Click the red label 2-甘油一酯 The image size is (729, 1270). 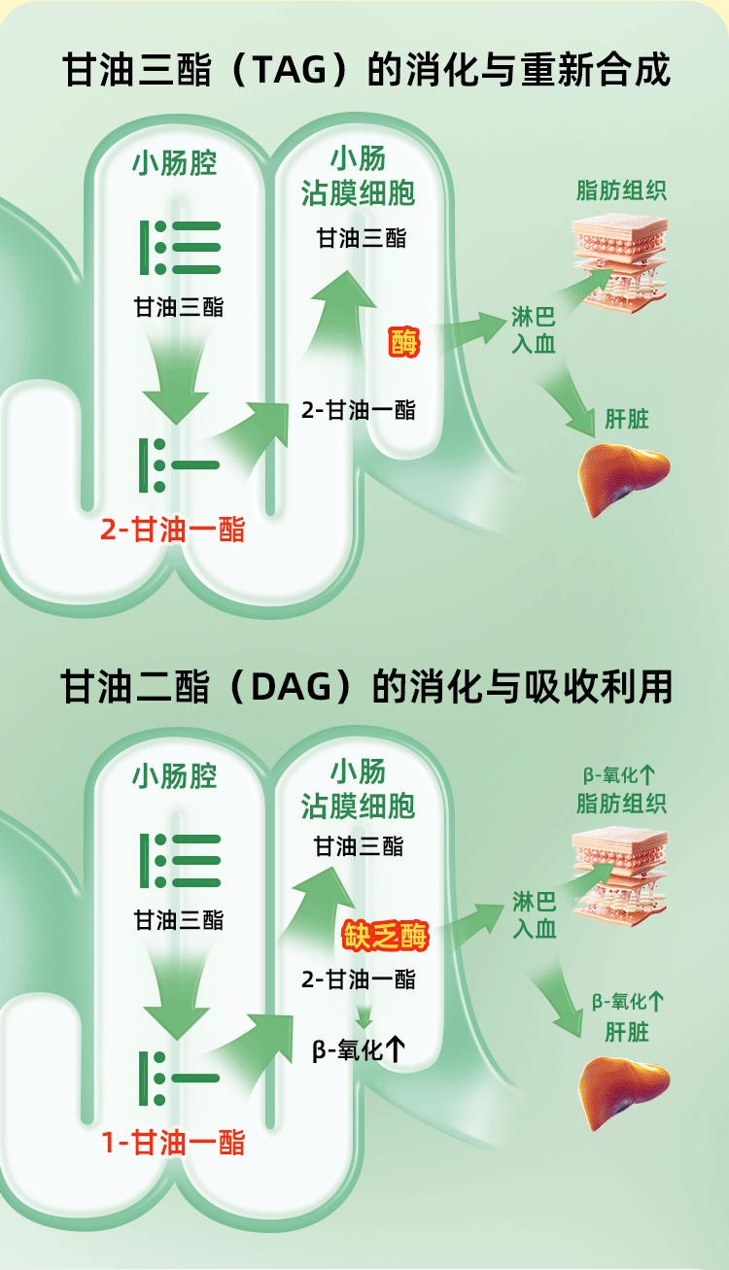coord(173,530)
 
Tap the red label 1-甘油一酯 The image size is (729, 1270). coord(173,1143)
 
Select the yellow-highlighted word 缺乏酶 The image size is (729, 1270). coord(386,936)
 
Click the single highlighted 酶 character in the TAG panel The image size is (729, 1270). coord(404,342)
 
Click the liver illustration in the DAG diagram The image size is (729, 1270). coord(624,1092)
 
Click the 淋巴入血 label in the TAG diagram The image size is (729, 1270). coord(534,330)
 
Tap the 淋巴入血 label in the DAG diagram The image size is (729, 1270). coord(534,914)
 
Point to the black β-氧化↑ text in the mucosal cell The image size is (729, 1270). coord(359,1050)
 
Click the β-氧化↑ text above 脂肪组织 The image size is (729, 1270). coord(619,775)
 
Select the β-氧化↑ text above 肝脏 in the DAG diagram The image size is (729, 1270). coord(628,1002)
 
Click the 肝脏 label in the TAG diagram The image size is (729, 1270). coord(627,420)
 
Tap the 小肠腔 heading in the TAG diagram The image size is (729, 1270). coord(175,163)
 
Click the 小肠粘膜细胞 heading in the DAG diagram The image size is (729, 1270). coord(358,789)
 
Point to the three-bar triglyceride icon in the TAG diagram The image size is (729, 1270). coord(181,248)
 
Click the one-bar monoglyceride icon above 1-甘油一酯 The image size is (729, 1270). coord(181,1078)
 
